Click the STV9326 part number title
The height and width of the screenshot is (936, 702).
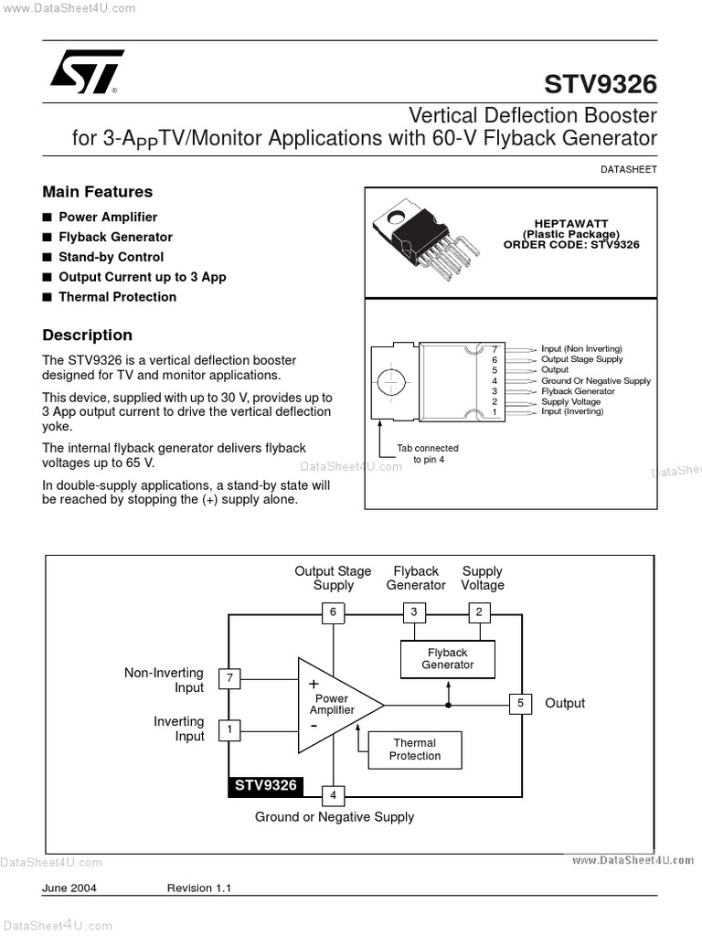(x=600, y=84)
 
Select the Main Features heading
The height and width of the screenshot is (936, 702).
(x=98, y=192)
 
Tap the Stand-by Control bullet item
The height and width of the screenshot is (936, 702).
(x=111, y=257)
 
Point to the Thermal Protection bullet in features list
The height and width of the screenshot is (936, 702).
(x=117, y=297)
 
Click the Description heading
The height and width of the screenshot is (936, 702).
(x=88, y=335)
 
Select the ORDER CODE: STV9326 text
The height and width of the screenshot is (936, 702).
(x=571, y=245)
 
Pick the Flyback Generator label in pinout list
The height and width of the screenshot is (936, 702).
(x=578, y=391)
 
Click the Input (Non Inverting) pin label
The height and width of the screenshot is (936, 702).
(x=581, y=349)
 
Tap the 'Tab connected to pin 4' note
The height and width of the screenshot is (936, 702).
(x=427, y=454)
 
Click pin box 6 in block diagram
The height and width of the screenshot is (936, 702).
(x=333, y=612)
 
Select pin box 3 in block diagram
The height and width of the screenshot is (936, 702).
(x=414, y=612)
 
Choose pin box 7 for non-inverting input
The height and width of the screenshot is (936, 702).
(x=229, y=678)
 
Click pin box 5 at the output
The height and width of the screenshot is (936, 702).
(x=520, y=703)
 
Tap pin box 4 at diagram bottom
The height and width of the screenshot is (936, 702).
(x=333, y=795)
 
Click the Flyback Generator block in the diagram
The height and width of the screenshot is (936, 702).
(x=448, y=659)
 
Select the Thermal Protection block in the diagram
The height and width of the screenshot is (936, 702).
(x=414, y=750)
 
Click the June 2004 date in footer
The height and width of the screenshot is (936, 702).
(x=69, y=888)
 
